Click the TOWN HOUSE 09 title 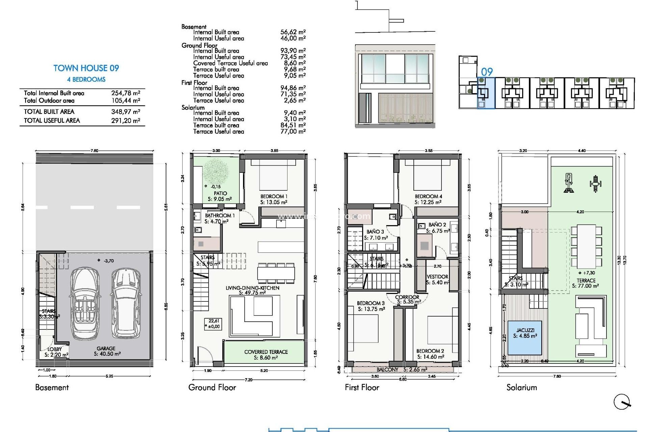click(86, 68)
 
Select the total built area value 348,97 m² click(126, 112)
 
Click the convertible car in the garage click(84, 303)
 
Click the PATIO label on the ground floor click(220, 193)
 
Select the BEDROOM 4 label click(428, 196)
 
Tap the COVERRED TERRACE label click(266, 352)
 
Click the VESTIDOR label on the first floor click(437, 277)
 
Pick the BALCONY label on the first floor click(387, 370)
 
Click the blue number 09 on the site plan click(487, 72)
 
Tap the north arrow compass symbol click(622, 402)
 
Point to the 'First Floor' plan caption click(362, 387)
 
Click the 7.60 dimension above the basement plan click(94, 151)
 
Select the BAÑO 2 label click(437, 225)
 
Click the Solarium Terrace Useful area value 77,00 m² click(293, 132)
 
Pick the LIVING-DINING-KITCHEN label click(252, 288)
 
